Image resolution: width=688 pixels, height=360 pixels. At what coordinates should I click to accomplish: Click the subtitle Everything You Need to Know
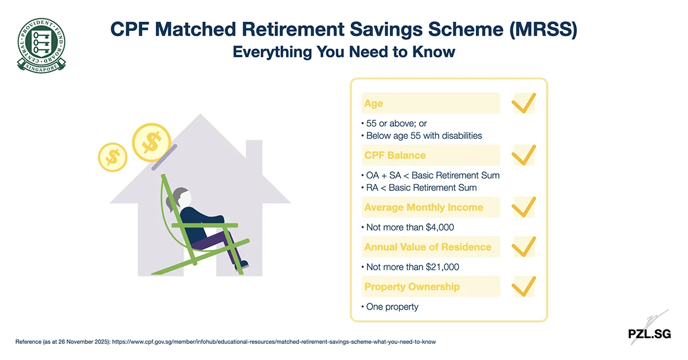343,52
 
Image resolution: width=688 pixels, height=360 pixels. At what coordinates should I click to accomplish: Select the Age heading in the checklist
373,104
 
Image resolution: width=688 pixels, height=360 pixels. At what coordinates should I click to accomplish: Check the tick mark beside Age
523,104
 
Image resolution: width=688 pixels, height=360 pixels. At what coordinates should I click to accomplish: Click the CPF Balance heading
395,155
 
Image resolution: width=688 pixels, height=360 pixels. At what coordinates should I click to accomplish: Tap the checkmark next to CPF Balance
523,155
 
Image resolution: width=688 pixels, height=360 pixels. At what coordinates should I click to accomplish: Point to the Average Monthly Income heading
424,208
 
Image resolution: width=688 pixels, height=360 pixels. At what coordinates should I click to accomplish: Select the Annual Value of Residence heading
428,247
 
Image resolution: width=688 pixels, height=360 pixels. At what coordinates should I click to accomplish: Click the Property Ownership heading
412,287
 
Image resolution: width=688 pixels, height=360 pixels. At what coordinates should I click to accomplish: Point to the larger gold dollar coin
152,142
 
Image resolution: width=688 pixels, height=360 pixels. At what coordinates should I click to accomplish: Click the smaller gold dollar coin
113,156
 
